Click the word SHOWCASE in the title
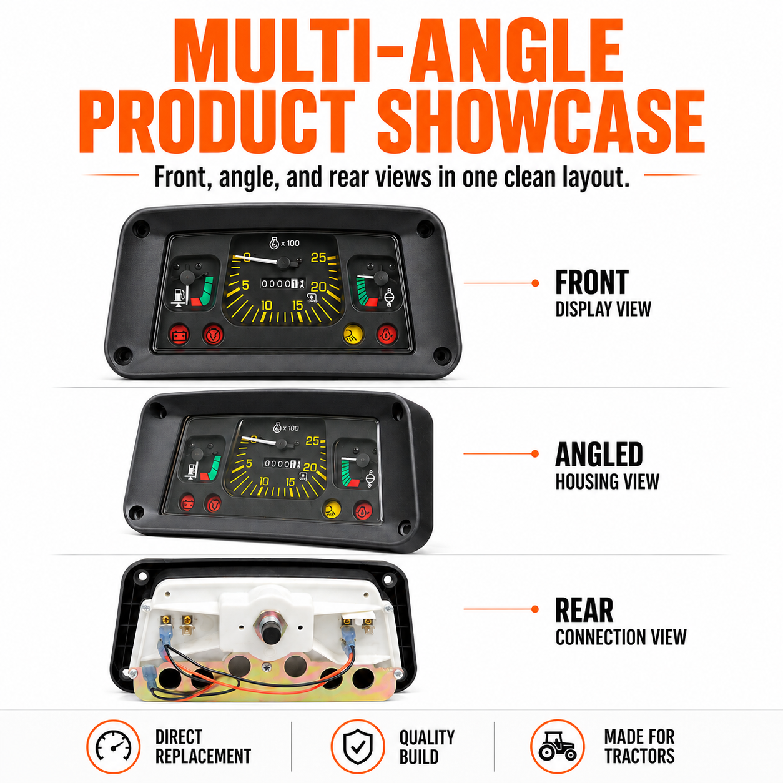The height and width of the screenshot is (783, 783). (x=541, y=121)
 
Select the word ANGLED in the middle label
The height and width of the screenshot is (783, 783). (x=599, y=455)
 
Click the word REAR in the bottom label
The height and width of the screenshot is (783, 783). (x=584, y=609)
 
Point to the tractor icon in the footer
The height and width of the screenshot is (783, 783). (x=558, y=746)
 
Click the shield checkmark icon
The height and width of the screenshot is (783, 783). (x=358, y=746)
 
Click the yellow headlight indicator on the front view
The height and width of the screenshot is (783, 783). (x=353, y=334)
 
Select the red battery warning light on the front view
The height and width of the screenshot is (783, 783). (x=180, y=335)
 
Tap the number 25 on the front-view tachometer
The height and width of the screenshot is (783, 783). (x=319, y=258)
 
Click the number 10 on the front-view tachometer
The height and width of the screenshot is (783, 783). (x=266, y=305)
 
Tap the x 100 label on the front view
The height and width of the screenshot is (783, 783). (x=290, y=244)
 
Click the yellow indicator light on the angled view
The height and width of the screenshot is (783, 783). (x=332, y=509)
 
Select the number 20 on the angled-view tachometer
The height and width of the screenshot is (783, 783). (x=310, y=467)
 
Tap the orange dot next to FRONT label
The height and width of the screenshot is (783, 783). (x=536, y=283)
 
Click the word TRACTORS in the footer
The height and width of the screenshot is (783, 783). (x=639, y=756)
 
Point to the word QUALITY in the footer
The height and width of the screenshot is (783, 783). (x=427, y=737)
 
